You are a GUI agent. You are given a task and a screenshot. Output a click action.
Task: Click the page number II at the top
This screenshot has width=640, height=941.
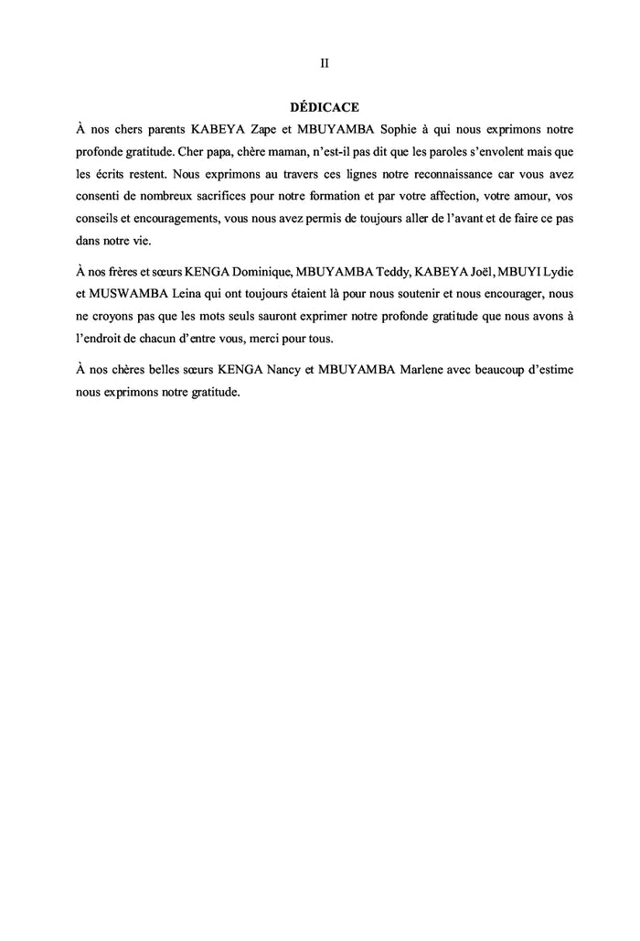[x=324, y=64]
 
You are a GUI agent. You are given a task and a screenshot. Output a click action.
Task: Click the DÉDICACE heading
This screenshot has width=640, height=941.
[x=324, y=106]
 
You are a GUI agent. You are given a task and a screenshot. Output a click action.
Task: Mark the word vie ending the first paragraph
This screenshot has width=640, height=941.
[x=146, y=241]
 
